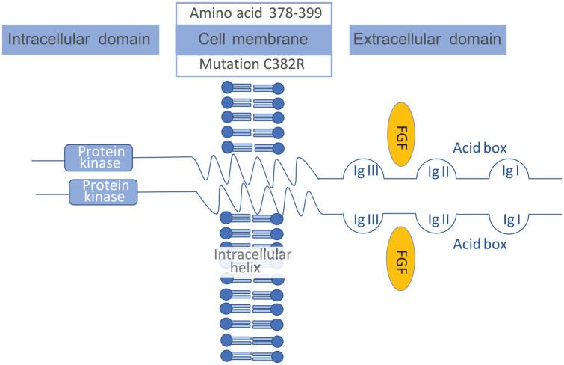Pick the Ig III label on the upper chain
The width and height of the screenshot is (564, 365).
[368, 171]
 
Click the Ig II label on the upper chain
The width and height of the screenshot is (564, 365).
[439, 171]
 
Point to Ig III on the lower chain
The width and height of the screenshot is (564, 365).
[368, 220]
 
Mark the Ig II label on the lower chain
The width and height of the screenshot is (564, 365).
[439, 220]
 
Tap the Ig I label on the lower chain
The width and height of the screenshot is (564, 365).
[511, 220]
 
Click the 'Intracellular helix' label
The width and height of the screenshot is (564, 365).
[252, 260]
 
